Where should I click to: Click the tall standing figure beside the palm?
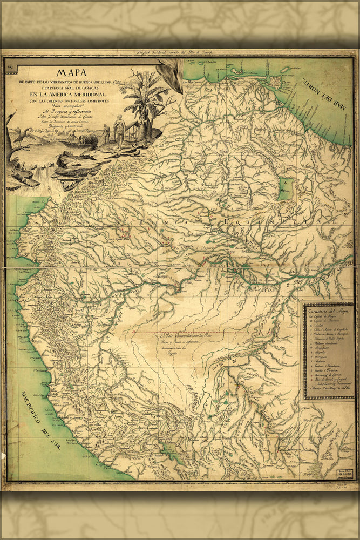tap(119, 132)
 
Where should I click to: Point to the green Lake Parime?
tap(285, 189)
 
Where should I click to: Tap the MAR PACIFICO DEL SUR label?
tap(43, 421)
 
